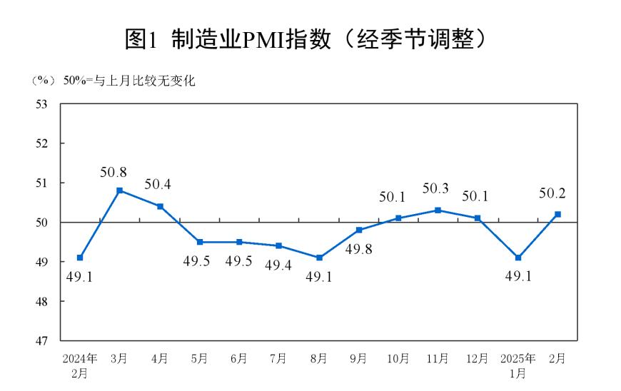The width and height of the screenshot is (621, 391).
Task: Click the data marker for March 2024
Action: (x=120, y=191)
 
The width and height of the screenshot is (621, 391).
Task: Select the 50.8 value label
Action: (x=115, y=172)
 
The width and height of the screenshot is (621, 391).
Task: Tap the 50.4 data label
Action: (x=158, y=185)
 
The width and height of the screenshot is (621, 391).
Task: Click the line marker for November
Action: (x=438, y=210)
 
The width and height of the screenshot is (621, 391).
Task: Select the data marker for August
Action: (x=319, y=258)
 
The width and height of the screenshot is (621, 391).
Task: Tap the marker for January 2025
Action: (x=517, y=258)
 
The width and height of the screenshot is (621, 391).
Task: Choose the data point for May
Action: (x=200, y=242)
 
